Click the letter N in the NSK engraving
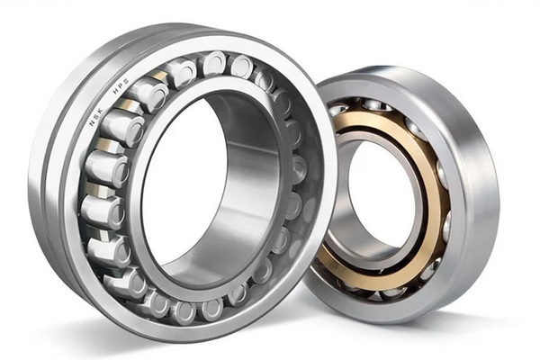[93, 123]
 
